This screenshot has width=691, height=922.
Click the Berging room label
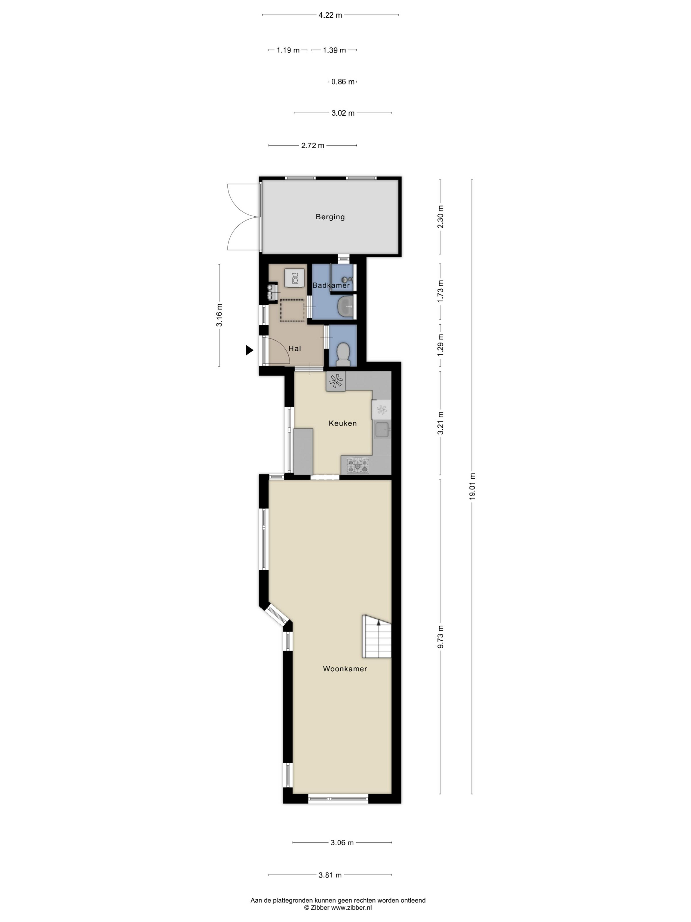tap(330, 217)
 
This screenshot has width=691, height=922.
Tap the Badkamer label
tap(331, 285)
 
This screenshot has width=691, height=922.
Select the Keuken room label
tap(343, 423)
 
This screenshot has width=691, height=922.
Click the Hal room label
tap(294, 348)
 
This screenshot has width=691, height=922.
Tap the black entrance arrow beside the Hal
tap(249, 350)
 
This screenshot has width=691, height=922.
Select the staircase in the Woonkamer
tap(376, 637)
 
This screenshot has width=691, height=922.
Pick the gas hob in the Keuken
tap(359, 466)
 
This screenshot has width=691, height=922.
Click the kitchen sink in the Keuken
tap(382, 429)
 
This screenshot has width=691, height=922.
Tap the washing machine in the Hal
tap(294, 278)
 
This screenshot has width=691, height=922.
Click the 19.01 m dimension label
tap(472, 486)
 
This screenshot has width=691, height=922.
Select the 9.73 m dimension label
tap(440, 637)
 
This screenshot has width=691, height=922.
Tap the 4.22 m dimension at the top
tap(330, 15)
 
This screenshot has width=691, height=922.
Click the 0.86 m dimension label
tap(343, 82)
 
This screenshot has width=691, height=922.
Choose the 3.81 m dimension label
tap(330, 875)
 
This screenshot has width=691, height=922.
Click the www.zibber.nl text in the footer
tap(351, 908)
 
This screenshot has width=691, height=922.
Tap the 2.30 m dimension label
tap(440, 217)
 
